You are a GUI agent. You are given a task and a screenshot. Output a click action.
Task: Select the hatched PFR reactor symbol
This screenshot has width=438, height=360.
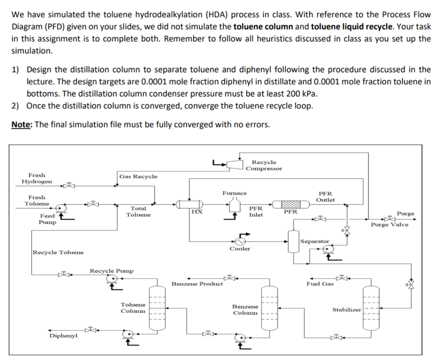291,205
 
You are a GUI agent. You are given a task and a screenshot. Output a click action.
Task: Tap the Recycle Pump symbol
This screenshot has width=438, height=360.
111,279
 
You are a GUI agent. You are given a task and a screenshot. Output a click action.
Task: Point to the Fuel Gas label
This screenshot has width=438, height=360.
320,284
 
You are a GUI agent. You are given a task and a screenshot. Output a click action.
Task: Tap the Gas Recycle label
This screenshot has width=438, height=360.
138,176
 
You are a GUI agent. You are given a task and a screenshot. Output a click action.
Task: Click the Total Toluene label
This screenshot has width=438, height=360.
138,212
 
